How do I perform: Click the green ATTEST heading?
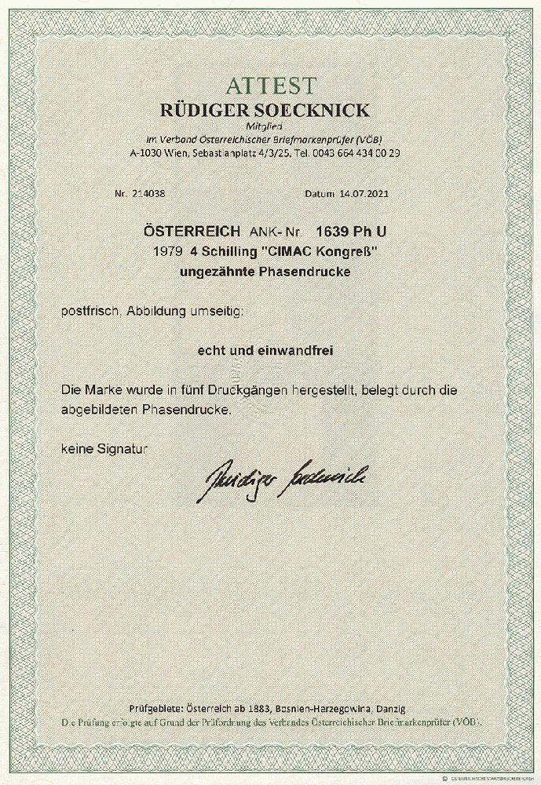tap(269, 86)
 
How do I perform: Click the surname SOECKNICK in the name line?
tap(322, 109)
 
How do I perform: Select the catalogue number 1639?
tap(330, 232)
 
